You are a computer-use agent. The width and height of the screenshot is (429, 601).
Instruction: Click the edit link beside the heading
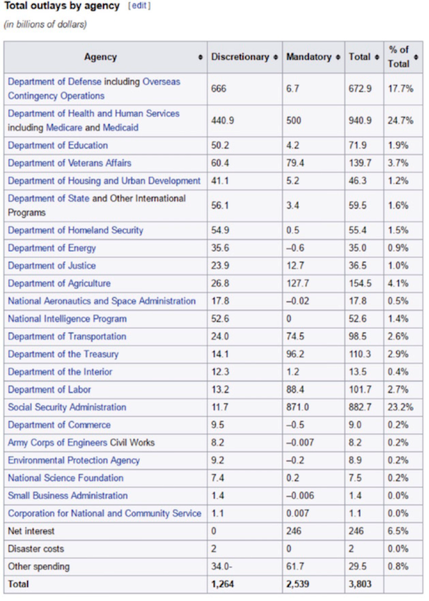[x=139, y=6]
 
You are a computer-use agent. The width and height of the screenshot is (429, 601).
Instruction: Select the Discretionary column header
[x=240, y=57]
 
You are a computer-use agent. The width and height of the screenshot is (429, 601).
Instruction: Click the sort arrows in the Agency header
[x=200, y=57]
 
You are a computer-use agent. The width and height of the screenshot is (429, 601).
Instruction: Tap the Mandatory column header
[x=309, y=57]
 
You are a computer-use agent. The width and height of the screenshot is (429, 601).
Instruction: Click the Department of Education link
[x=58, y=146]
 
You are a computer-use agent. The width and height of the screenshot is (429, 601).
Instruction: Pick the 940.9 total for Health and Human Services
[x=360, y=121]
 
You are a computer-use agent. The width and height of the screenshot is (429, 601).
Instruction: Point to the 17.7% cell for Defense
[x=400, y=89]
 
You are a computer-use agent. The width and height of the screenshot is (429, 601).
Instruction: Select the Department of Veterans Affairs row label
[x=69, y=163]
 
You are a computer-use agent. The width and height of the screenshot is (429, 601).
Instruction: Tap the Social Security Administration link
[x=66, y=408]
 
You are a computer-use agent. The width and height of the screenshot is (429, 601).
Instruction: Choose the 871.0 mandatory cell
[x=297, y=408]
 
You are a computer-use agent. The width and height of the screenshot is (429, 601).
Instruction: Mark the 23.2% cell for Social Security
[x=400, y=408]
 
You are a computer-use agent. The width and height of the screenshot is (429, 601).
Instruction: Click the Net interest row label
[x=31, y=531]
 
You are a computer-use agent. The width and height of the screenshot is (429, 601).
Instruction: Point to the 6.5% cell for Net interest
[x=398, y=531]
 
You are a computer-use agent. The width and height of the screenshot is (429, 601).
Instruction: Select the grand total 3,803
[x=360, y=584]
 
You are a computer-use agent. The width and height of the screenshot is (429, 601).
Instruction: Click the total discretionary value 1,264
[x=222, y=584]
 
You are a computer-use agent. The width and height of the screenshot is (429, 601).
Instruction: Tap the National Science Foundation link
[x=66, y=478]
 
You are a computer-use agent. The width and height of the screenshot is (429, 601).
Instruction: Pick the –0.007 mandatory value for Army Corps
[x=300, y=443]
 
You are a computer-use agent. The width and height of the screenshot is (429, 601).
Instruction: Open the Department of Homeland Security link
[x=76, y=231]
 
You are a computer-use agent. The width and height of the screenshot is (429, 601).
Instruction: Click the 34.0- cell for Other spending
[x=222, y=567]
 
